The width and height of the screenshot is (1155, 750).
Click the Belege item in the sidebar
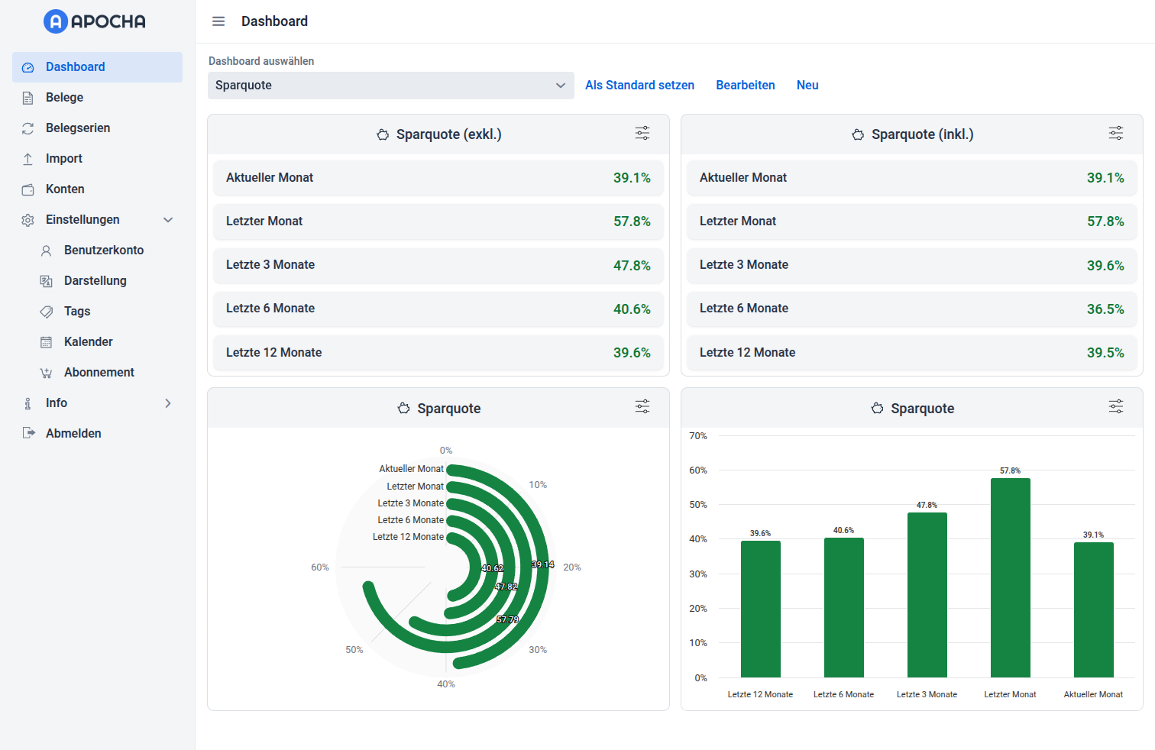click(x=64, y=98)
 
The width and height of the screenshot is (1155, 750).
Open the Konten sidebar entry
click(x=65, y=189)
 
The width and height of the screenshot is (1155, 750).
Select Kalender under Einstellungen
click(x=88, y=342)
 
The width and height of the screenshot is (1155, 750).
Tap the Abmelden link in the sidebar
click(x=73, y=434)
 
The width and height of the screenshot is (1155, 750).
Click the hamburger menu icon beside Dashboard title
click(x=218, y=21)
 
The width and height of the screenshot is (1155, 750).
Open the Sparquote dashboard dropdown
click(x=390, y=86)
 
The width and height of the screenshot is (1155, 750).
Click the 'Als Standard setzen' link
click(x=639, y=86)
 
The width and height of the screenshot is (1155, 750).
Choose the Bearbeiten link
click(x=745, y=86)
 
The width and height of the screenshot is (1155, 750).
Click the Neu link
click(x=807, y=86)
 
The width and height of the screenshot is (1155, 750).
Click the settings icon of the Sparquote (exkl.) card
click(x=642, y=134)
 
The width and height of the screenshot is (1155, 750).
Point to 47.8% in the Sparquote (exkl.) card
click(x=632, y=266)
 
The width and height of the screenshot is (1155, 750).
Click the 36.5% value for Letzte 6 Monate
click(x=1105, y=309)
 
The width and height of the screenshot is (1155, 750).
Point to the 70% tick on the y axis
click(x=698, y=436)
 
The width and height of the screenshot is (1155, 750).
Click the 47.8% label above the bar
click(x=927, y=506)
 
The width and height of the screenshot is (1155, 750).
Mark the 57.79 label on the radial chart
click(x=507, y=619)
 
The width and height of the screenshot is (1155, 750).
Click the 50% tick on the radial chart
click(x=354, y=650)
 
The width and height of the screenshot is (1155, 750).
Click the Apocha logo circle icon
click(x=56, y=21)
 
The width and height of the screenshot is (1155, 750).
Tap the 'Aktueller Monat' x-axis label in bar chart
click(x=1093, y=694)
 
